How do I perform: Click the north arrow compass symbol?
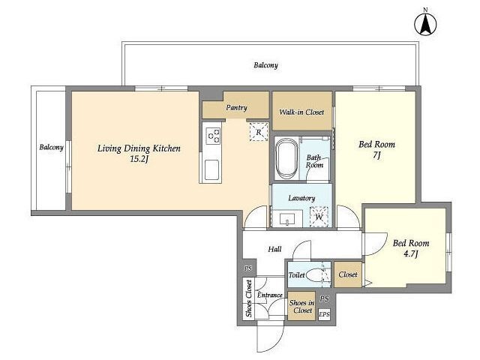coord(425,24)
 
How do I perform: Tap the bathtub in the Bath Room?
coord(286,159)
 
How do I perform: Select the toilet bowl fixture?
coord(315,275)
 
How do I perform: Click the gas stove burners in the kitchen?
coord(213,135)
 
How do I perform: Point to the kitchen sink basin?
coord(211,170)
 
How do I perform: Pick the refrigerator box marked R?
coord(259,132)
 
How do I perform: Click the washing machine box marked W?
coord(319,217)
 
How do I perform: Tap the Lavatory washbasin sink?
coord(287,220)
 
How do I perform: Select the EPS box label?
coord(324,314)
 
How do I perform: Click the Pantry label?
coord(237,108)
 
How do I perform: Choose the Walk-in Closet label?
coord(301,112)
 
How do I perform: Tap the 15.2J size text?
coord(139,159)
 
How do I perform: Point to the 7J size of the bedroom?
coord(376,155)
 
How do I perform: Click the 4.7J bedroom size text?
coord(411,253)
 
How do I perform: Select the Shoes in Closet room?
coord(301,306)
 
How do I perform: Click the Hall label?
coord(275,249)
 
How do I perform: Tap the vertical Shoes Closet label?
coord(249,298)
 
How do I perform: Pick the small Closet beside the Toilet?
coord(348,274)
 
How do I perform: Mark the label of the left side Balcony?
coord(52,148)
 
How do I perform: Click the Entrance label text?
coord(270,295)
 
